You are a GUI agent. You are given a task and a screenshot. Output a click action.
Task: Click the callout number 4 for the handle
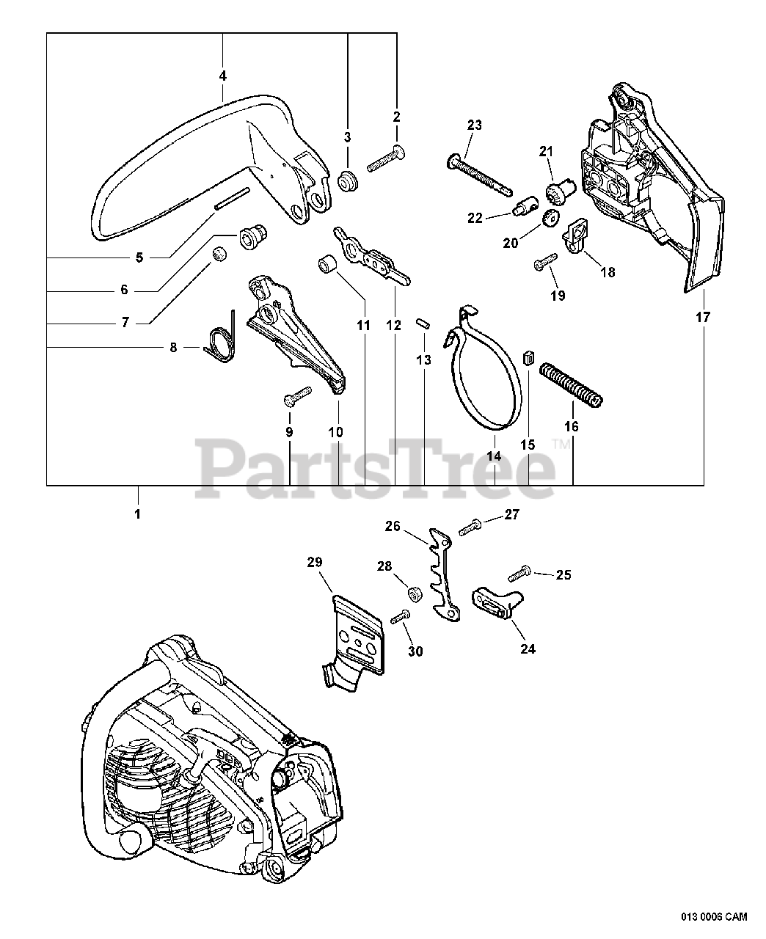coord(222,75)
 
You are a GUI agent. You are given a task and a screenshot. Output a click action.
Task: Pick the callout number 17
coord(704,318)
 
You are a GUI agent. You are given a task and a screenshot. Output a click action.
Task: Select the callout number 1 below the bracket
coord(137,514)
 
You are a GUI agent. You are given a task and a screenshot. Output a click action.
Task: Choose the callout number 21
coord(565,151)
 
